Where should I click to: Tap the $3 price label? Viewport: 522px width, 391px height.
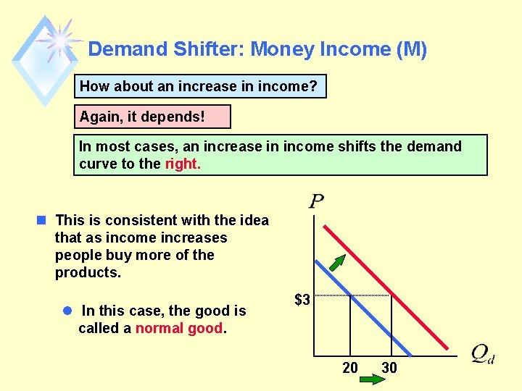[302, 298]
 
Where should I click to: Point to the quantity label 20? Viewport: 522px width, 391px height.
[350, 368]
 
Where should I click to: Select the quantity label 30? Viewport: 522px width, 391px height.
[389, 368]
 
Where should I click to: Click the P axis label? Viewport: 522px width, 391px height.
[316, 201]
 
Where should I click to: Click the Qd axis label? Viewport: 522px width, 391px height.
[482, 354]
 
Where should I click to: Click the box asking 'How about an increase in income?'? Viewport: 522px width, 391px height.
[201, 86]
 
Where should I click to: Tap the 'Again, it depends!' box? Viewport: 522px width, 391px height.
[152, 117]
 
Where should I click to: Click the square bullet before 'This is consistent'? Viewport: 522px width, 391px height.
[43, 220]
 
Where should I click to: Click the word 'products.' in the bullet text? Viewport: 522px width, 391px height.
[88, 273]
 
